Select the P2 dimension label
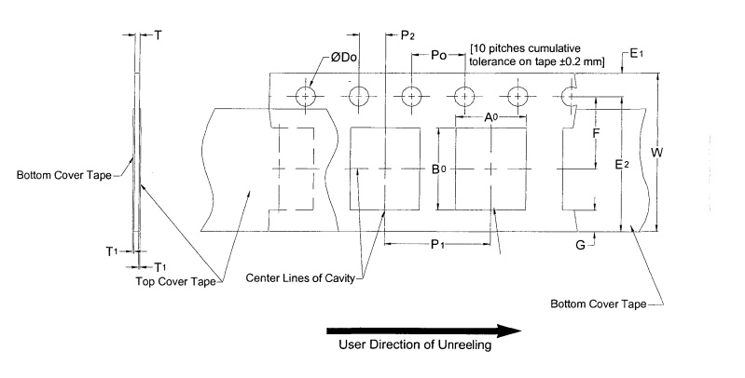(407, 35)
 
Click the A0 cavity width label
(490, 117)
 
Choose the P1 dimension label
(436, 244)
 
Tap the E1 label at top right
(636, 55)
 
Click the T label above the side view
(158, 35)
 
